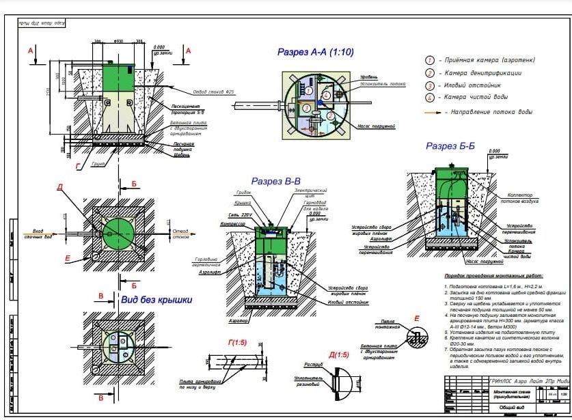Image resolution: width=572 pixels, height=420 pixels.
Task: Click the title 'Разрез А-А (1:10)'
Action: [315, 52]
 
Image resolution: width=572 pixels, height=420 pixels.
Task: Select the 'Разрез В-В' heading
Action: [276, 182]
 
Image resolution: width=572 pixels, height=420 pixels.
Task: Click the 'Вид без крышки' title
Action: [156, 299]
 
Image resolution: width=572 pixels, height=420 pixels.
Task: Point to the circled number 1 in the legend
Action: [430, 60]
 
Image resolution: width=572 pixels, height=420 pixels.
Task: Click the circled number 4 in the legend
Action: [430, 97]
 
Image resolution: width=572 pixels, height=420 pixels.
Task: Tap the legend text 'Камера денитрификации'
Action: [483, 72]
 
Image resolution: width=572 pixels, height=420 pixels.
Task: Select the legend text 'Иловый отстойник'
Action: [476, 85]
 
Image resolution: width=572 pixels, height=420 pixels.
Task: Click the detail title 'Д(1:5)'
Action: [338, 354]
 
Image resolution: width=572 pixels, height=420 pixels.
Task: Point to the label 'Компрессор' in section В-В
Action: [233, 224]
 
